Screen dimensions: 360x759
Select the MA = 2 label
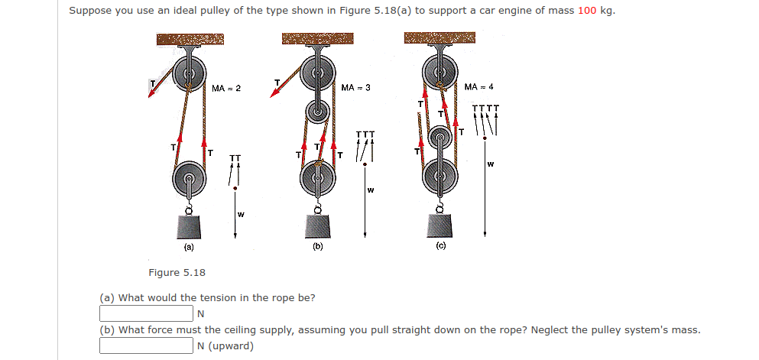pos(226,89)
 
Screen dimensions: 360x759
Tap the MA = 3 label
pos(355,88)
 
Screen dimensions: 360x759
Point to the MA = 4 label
pos(478,86)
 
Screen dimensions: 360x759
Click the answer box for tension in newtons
pos(145,313)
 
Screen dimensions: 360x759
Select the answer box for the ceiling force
pos(145,345)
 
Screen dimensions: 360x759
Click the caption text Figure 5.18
pos(177,273)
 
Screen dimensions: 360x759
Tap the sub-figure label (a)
pos(188,247)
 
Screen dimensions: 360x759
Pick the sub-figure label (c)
pos(441,246)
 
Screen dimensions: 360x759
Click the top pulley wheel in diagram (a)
pos(188,75)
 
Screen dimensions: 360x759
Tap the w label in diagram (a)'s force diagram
pos(241,214)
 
